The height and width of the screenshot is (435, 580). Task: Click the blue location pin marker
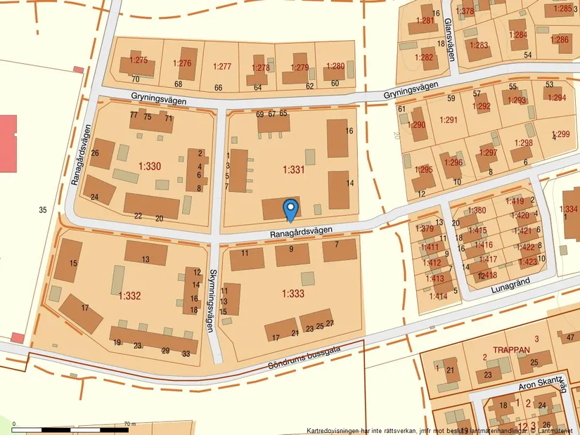tap(290, 209)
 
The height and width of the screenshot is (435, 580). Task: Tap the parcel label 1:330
tap(150, 167)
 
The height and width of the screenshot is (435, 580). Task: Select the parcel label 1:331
tap(293, 169)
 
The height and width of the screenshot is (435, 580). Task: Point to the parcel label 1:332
tap(130, 296)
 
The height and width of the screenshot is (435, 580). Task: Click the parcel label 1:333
tap(293, 293)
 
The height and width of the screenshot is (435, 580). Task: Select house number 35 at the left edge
tap(43, 209)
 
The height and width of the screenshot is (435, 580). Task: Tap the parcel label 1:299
tap(561, 134)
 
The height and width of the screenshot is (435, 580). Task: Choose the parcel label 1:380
tap(477, 211)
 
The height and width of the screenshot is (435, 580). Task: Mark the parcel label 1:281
tap(425, 21)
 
